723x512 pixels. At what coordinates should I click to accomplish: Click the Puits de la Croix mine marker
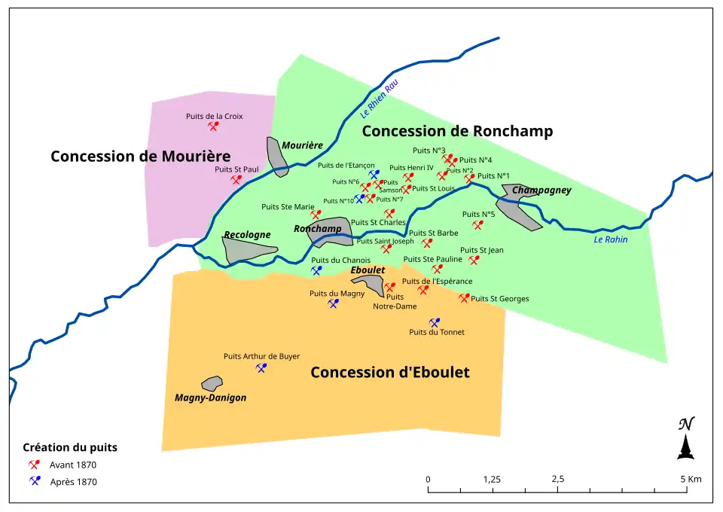pos(213,126)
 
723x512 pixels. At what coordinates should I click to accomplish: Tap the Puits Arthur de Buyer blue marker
pos(261,368)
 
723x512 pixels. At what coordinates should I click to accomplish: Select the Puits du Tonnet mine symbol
pos(434,322)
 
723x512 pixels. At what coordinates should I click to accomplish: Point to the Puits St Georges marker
pos(464,298)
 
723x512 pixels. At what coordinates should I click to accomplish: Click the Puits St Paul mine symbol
pos(236,180)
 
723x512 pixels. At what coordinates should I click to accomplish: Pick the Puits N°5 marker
pos(477,224)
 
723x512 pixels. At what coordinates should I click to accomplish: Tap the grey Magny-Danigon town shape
pos(212,383)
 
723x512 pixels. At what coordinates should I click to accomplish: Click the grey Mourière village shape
pos(278,157)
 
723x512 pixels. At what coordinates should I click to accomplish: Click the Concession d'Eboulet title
pos(389,373)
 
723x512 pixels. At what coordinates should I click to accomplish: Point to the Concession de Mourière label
pos(140,157)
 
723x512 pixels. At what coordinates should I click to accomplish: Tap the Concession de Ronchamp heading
pos(457,131)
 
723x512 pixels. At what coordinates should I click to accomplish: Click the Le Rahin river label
pos(610,239)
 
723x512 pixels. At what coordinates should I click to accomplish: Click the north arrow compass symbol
pos(685,439)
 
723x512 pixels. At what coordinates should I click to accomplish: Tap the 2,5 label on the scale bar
pos(558,479)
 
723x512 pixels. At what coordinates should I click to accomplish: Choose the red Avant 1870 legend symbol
pos(34,465)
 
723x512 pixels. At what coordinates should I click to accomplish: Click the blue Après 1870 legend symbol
pos(34,481)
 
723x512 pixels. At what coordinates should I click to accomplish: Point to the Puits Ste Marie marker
pos(316,215)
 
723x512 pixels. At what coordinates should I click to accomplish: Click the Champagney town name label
pos(541,190)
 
